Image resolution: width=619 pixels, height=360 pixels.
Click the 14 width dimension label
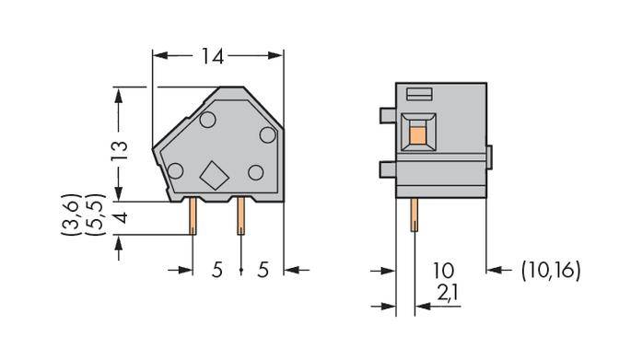coord(213,57)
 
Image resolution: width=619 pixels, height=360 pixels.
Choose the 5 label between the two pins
coord(217,270)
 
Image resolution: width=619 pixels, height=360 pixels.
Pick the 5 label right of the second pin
coord(263,270)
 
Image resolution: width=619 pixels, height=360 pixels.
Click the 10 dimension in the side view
coord(444,270)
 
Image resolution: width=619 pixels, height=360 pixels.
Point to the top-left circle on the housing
coord(206,121)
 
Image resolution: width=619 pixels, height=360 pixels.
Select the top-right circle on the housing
coord(267,134)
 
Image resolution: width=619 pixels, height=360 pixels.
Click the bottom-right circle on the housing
coord(256,171)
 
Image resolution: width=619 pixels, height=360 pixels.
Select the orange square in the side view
coord(416,137)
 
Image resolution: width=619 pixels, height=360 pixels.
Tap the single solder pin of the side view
coord(412,218)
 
